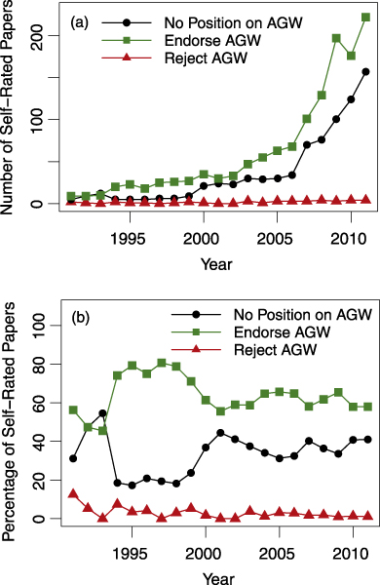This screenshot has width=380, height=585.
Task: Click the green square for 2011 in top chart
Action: pos(365,18)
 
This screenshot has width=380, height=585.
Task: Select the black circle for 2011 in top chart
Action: pos(365,71)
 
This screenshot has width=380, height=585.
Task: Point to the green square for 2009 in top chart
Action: pos(336,38)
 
